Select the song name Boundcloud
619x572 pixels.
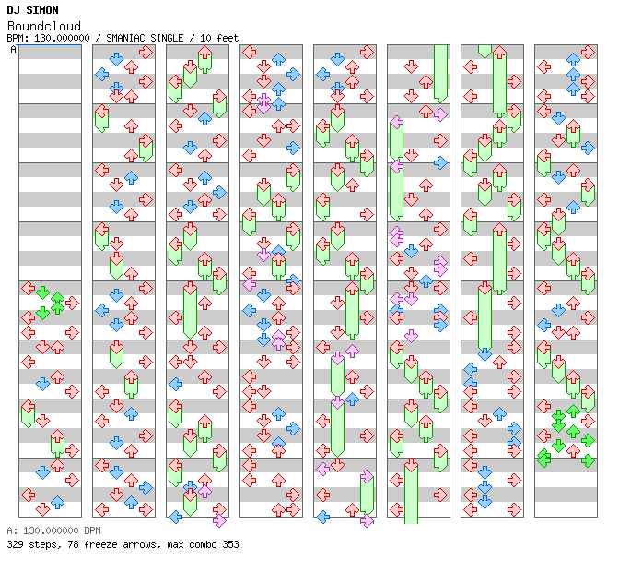pos(43,26)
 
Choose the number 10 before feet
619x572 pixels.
pos(206,38)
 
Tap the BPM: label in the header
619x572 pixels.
pos(18,38)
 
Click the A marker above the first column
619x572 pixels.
pos(14,49)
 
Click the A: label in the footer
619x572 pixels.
pos(11,531)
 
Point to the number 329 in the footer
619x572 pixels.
pos(15,544)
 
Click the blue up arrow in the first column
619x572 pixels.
pos(57,503)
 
